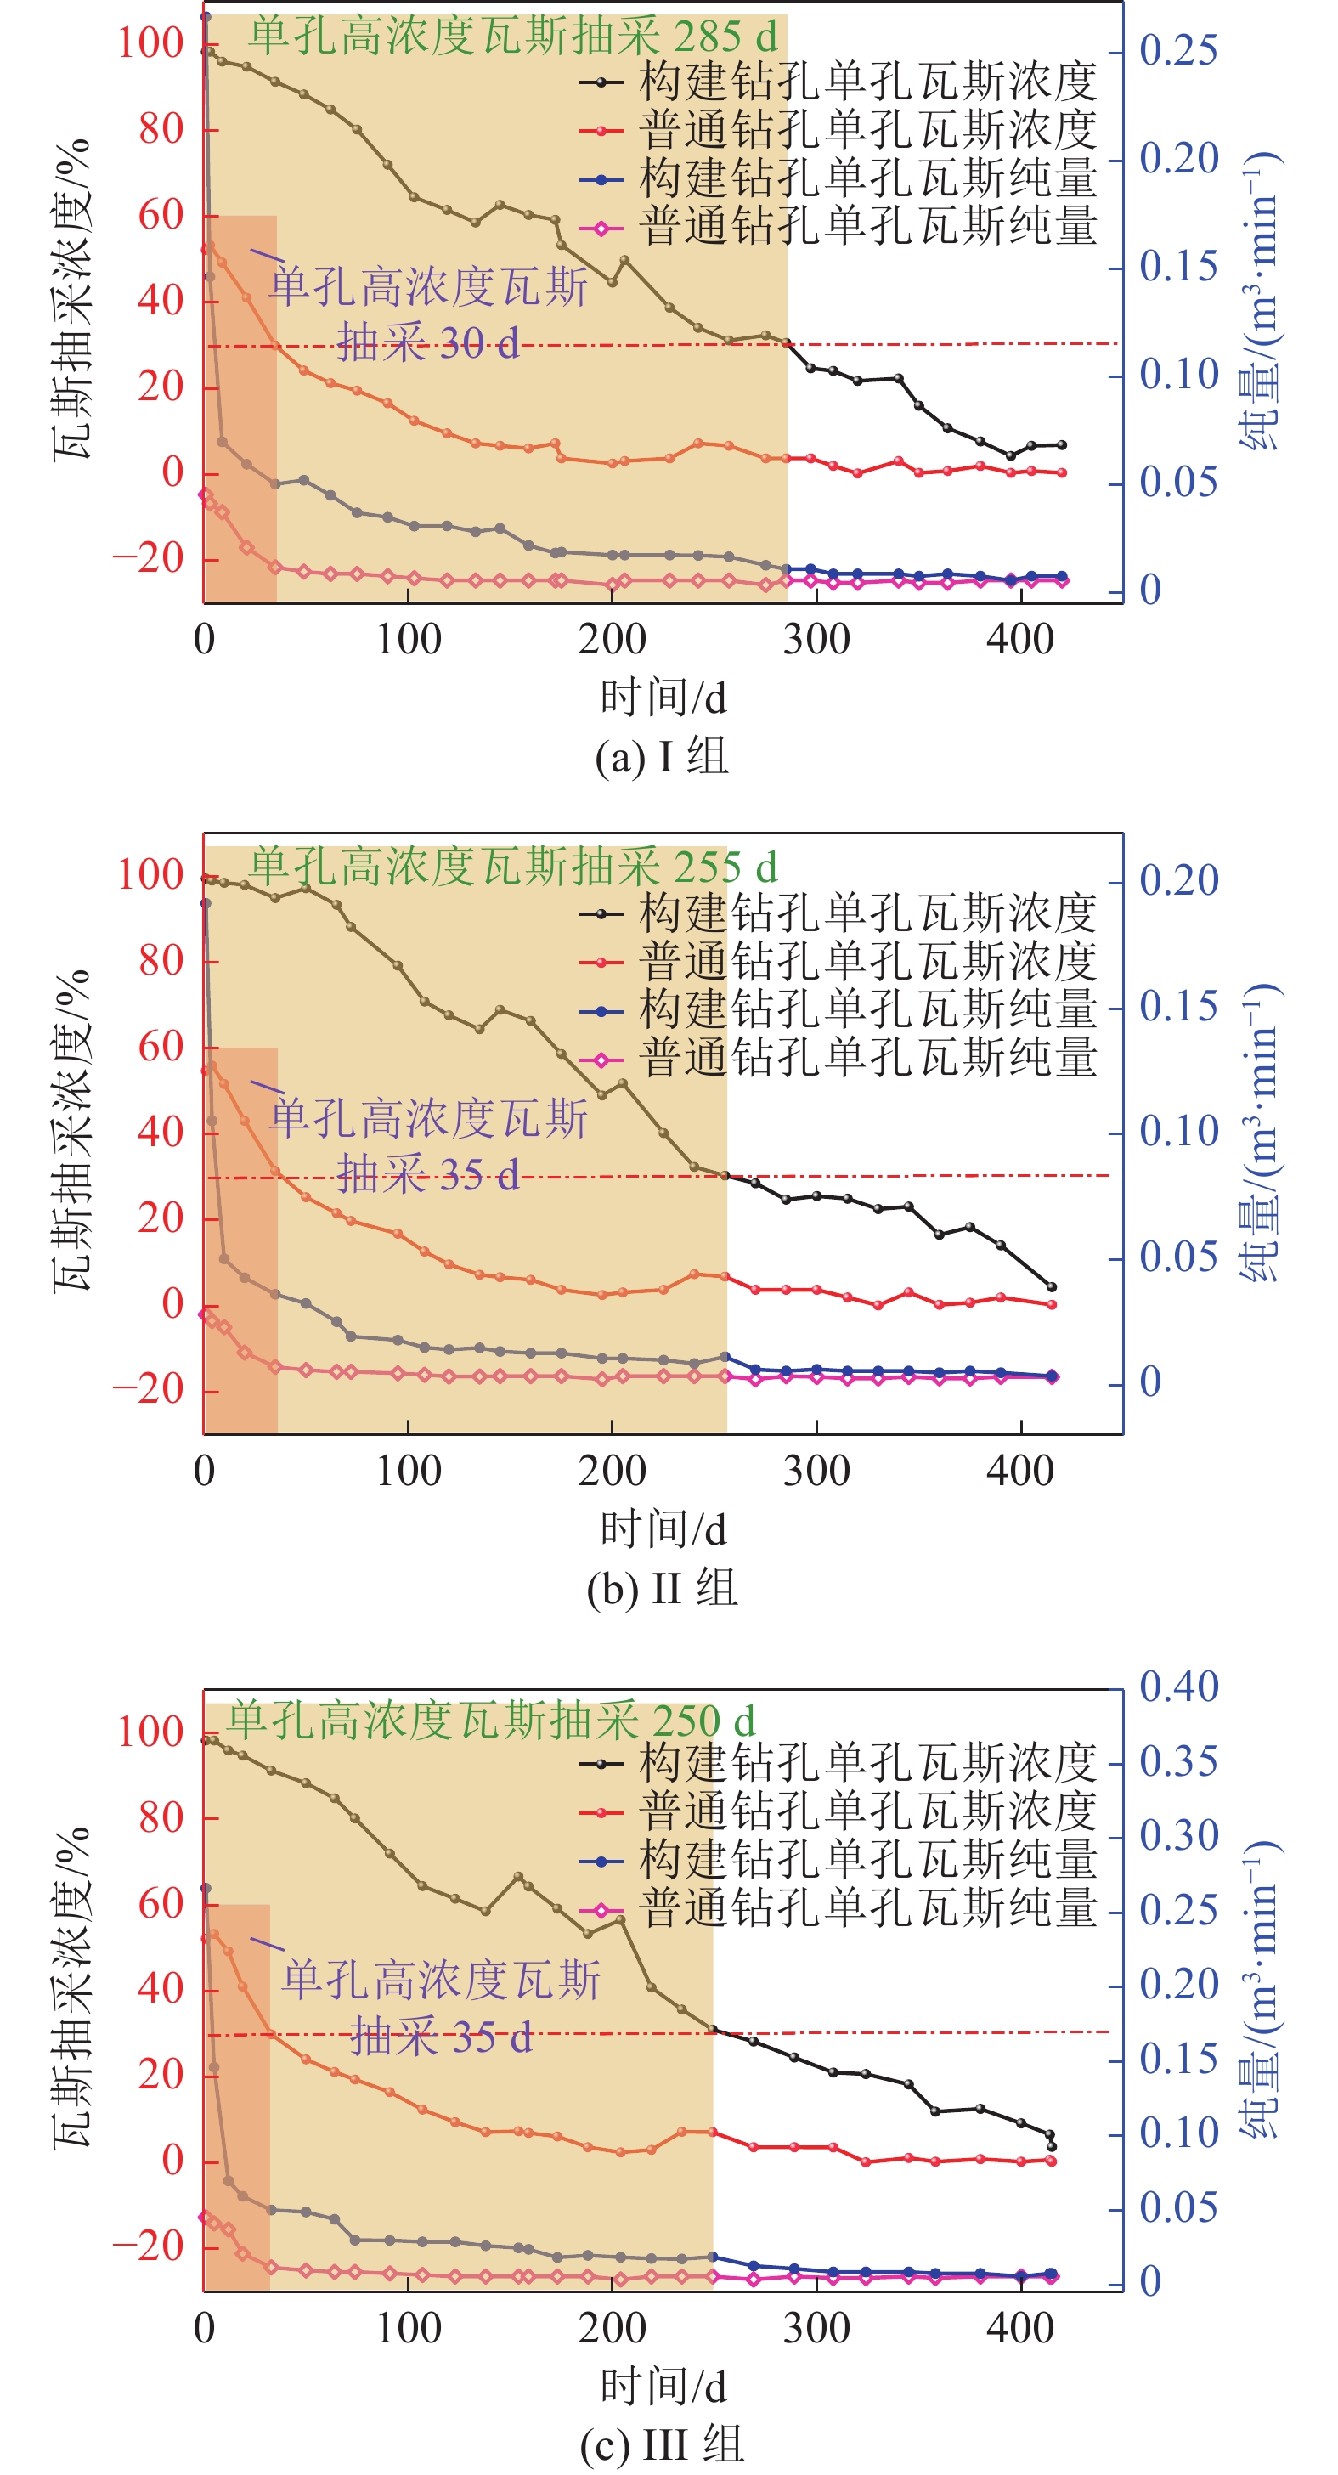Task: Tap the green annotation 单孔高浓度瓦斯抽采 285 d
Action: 513,37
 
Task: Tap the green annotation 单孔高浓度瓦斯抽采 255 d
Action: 513,867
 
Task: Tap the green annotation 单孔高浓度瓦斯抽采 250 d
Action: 491,1720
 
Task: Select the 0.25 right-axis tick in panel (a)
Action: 1178,51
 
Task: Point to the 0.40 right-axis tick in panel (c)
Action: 1178,1687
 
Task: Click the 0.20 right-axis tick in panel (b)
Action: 1178,881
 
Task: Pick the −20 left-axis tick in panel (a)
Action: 149,558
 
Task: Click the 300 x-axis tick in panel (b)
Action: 816,1471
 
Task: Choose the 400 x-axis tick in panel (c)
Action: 1020,2328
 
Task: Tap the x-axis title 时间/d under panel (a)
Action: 663,698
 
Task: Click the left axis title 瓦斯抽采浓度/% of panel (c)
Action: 72,1989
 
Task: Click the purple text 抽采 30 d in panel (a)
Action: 428,343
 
